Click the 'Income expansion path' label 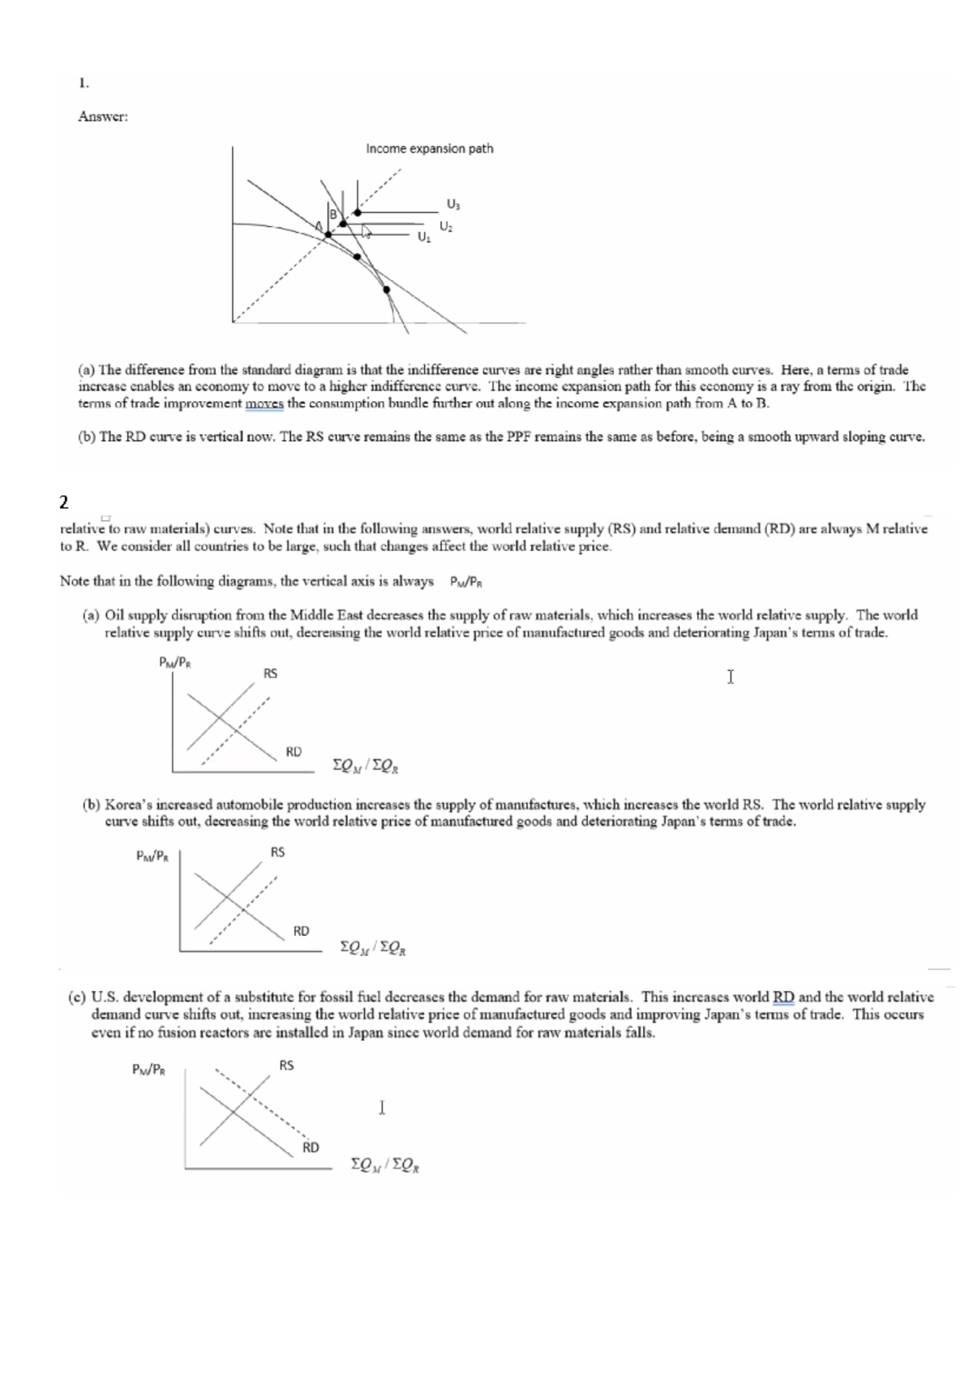(429, 149)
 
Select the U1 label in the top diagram (422, 238)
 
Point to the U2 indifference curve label (445, 226)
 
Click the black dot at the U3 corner (358, 212)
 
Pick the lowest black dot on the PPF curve (386, 289)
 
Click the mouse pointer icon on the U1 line (366, 233)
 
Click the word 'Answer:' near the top (103, 117)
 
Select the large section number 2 (64, 502)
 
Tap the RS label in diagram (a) (270, 673)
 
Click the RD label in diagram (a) (294, 751)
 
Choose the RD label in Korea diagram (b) (301, 931)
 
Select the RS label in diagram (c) (286, 1066)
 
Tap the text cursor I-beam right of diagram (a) (731, 677)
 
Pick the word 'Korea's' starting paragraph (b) (128, 805)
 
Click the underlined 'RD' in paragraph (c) (784, 998)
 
